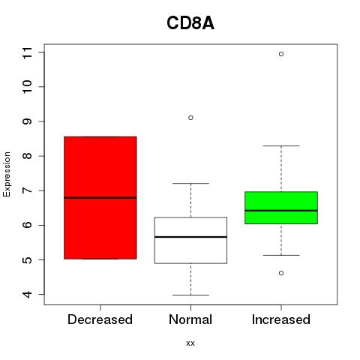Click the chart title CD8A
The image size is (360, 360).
point(190,23)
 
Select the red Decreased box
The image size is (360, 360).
point(100,198)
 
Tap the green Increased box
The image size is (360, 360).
point(281,208)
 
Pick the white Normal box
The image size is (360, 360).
point(190,240)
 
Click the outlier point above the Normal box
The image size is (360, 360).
point(190,118)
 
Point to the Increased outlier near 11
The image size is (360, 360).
point(281,54)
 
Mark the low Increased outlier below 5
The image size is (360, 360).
point(281,273)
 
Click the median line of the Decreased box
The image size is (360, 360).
point(100,198)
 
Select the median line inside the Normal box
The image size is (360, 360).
point(190,237)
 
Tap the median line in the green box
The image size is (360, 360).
point(281,211)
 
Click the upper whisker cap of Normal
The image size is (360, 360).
point(190,184)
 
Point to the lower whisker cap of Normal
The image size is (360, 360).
point(190,295)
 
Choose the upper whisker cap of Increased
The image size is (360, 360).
point(281,145)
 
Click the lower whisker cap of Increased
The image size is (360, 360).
point(281,255)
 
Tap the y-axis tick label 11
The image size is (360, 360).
point(28,52)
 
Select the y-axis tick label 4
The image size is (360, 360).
point(28,295)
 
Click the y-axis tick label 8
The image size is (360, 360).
point(28,156)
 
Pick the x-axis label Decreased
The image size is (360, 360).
point(100,319)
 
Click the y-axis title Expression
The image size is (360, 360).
point(7,174)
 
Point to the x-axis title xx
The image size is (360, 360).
point(190,343)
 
